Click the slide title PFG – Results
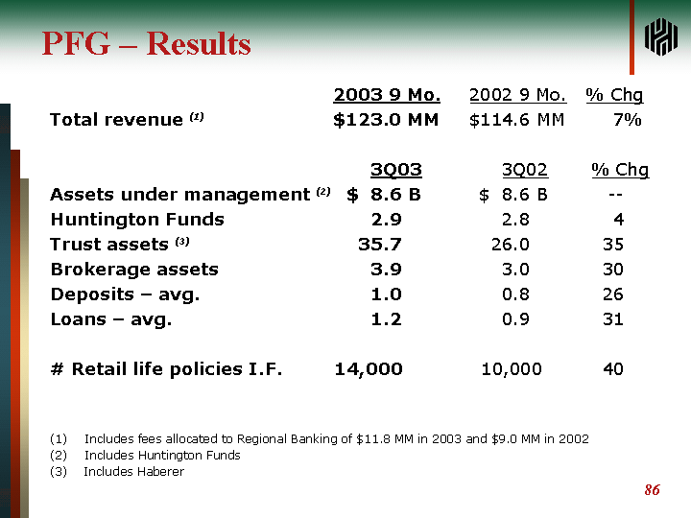tap(146, 44)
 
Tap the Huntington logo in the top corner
tap(661, 36)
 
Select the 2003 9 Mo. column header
tap(387, 95)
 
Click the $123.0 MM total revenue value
tap(386, 120)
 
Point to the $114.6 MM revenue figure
tap(516, 120)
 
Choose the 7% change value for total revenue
tap(627, 120)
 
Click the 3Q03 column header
tap(395, 170)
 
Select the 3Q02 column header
tap(524, 170)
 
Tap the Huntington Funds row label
tap(136, 219)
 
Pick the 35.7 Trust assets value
tap(379, 244)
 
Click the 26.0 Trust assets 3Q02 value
tap(510, 244)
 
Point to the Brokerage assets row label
tap(133, 269)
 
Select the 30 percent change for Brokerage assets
tap(612, 269)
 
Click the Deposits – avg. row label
tap(125, 294)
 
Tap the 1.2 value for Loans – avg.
tap(386, 318)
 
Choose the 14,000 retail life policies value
tap(368, 368)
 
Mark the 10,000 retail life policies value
tap(511, 368)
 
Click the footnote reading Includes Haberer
tap(133, 471)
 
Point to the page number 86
tap(652, 490)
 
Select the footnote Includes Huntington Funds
tap(162, 455)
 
